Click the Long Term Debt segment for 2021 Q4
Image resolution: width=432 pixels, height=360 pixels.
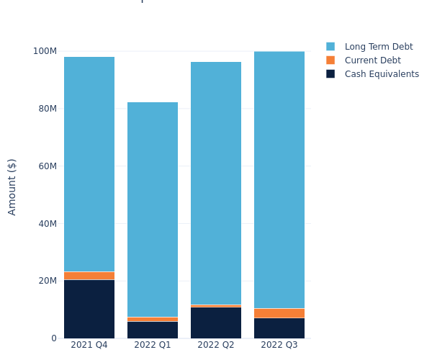pyautogui.click(x=89, y=164)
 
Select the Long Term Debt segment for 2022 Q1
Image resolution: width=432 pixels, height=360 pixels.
pyautogui.click(x=153, y=210)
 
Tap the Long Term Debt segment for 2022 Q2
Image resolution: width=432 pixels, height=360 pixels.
pyautogui.click(x=216, y=184)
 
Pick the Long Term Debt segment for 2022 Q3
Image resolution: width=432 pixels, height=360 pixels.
pyautogui.click(x=279, y=180)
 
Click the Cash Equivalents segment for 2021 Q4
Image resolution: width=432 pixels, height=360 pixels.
pyautogui.click(x=89, y=309)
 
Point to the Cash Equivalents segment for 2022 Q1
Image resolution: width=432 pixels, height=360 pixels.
pyautogui.click(x=153, y=330)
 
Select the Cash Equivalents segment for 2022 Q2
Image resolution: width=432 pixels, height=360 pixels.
pyautogui.click(x=216, y=323)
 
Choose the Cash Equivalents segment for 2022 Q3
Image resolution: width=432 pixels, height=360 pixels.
pyautogui.click(x=279, y=328)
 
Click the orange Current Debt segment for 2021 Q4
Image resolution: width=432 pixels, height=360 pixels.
pyautogui.click(x=89, y=276)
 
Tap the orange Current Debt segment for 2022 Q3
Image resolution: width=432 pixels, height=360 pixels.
pyautogui.click(x=279, y=313)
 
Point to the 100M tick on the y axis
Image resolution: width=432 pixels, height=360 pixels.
pyautogui.click(x=45, y=51)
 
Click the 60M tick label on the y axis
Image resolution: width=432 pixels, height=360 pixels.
pyautogui.click(x=47, y=166)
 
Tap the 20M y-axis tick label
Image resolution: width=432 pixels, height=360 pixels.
pyautogui.click(x=47, y=281)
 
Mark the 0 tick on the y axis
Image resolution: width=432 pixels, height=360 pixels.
pyautogui.click(x=53, y=338)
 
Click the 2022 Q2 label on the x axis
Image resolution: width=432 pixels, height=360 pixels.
pyautogui.click(x=216, y=346)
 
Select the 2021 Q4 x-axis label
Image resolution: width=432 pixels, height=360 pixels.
pyautogui.click(x=89, y=346)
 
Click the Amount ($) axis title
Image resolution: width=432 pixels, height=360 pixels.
pyautogui.click(x=12, y=186)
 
